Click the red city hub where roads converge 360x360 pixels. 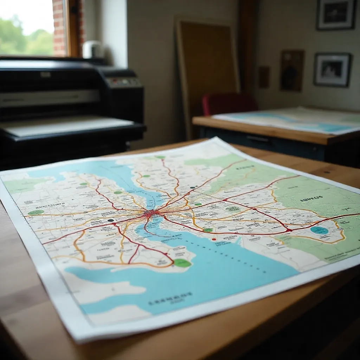click(150, 213)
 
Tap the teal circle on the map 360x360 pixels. click(319, 230)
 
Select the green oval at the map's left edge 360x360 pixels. click(36, 212)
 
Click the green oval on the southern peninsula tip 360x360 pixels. click(182, 263)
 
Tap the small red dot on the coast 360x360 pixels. click(214, 239)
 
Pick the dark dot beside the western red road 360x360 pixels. click(111, 220)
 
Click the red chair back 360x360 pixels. click(229, 104)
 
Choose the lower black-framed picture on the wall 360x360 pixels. click(332, 69)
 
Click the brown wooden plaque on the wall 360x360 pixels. click(292, 70)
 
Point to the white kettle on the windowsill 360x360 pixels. click(92, 49)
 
